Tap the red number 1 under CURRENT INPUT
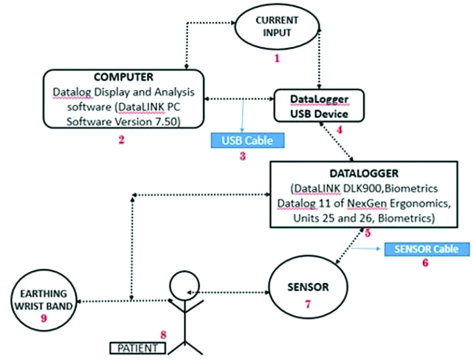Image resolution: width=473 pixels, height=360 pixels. point(277,59)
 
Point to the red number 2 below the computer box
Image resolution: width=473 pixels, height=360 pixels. point(121,140)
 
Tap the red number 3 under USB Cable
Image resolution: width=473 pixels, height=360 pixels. point(242,156)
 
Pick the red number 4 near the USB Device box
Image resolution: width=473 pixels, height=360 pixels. point(340,130)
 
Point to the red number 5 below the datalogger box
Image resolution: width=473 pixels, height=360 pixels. point(367,233)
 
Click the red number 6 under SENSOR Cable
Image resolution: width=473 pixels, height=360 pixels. point(426,264)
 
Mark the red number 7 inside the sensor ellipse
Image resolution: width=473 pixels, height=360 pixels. point(308,304)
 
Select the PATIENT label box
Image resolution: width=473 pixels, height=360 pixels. point(137,347)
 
